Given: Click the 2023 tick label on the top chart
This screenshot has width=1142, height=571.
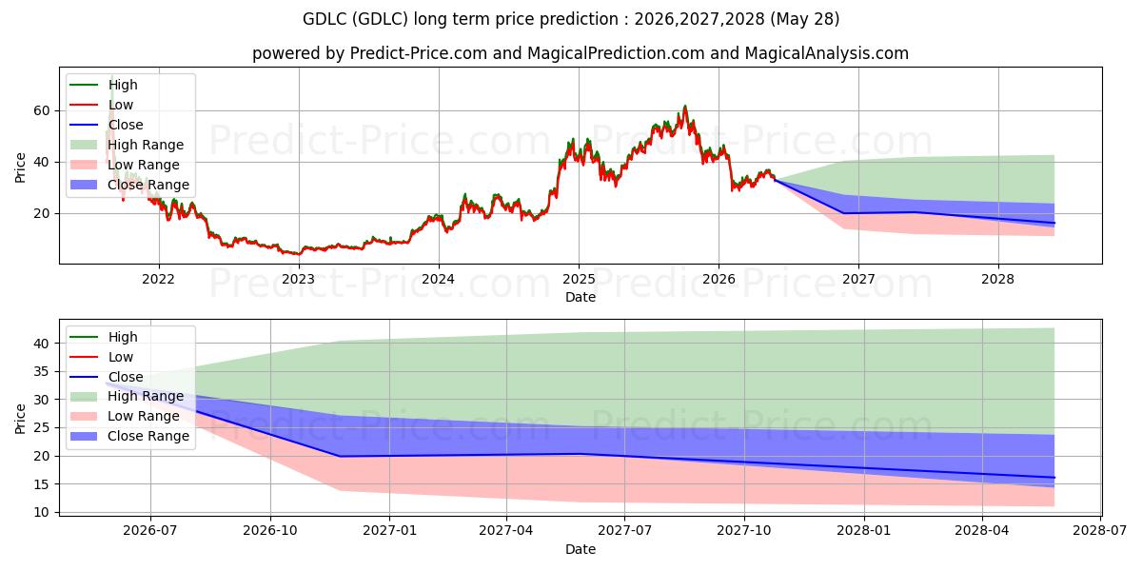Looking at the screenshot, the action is [299, 280].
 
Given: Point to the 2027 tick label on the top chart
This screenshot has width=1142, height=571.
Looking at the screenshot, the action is [858, 280].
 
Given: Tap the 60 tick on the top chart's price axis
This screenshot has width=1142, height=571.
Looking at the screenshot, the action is [42, 110].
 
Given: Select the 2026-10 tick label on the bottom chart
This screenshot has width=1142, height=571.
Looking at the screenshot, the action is [270, 531].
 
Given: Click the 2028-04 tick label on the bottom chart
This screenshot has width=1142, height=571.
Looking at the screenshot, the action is [982, 531].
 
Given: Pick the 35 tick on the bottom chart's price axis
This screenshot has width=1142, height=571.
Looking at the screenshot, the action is [42, 372].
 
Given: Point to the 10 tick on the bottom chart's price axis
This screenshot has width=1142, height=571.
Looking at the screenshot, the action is [42, 512].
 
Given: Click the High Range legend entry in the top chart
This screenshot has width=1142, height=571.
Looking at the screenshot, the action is [127, 145].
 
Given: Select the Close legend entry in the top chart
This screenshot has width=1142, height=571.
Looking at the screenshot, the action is [106, 125].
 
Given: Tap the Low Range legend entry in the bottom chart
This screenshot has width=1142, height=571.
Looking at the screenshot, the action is [125, 417].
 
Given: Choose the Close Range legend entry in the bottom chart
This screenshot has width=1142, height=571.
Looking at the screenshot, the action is [129, 437].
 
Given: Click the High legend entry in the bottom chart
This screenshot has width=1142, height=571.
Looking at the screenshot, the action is [104, 337].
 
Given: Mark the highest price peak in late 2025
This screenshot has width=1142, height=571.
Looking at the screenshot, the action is [684, 106].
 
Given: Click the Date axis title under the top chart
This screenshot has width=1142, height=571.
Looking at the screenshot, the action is [581, 297].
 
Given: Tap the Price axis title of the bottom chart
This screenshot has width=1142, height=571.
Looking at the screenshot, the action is [20, 419].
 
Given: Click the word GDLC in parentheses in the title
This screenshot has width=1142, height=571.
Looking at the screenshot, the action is [380, 19].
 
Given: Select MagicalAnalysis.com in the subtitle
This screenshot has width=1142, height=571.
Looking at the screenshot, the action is [826, 53].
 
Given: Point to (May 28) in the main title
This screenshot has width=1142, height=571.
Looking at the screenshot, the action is [804, 19].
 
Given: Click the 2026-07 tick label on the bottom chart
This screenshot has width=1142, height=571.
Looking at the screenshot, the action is [150, 531].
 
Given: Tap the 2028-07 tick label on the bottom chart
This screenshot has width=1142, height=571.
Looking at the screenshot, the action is [1100, 531].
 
